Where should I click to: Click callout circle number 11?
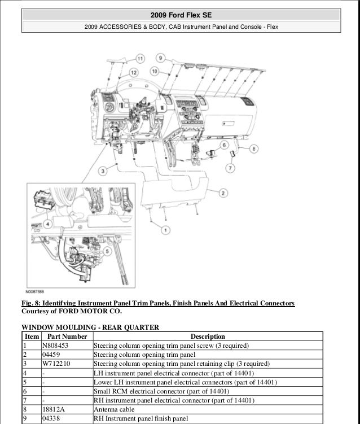pos(140,58)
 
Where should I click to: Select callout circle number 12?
pos(133,72)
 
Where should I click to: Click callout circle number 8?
pos(253,148)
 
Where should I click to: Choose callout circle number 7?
pos(230,168)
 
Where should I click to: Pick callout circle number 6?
pos(223,146)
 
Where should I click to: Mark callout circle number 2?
pos(223,194)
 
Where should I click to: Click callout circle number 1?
pos(165,230)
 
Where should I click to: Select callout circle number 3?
pos(102,172)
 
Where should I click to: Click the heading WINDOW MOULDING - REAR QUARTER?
pos(90,327)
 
